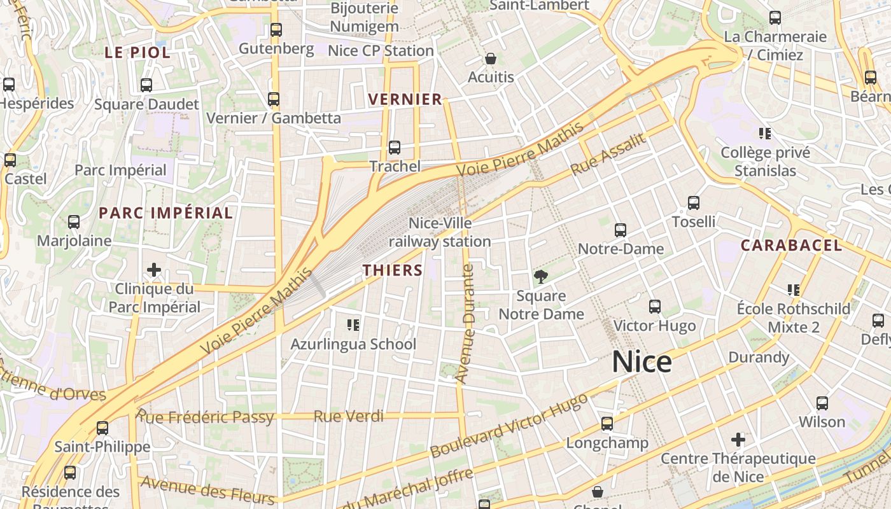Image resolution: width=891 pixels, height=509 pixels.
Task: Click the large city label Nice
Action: (642, 362)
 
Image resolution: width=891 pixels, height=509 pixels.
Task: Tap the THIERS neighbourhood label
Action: (393, 270)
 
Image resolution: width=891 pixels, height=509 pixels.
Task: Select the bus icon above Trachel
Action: (395, 148)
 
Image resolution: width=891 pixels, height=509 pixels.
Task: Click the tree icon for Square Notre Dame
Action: (541, 277)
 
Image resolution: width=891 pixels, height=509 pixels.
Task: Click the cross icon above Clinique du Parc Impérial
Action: (153, 270)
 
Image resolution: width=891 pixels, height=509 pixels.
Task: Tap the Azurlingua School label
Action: (353, 344)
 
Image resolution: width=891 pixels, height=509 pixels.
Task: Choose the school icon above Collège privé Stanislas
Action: (765, 134)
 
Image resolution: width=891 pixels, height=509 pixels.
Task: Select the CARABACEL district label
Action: (791, 245)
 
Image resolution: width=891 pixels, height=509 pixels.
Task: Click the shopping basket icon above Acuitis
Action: (491, 59)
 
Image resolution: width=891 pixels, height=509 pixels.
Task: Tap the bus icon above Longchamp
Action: (607, 423)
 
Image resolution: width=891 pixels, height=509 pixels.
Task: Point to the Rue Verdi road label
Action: (349, 417)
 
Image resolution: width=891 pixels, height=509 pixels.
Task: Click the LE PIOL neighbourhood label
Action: (137, 53)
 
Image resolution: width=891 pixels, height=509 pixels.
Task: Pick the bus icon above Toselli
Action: (694, 203)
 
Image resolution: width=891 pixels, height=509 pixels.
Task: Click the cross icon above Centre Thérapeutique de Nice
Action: (738, 439)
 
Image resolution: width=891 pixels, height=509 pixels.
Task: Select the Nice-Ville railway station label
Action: (440, 232)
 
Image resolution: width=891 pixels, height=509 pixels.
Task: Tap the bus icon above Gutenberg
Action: (276, 30)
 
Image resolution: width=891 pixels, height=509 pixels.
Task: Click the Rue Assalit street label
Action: (608, 155)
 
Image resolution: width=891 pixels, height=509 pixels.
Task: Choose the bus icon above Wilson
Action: (822, 403)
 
